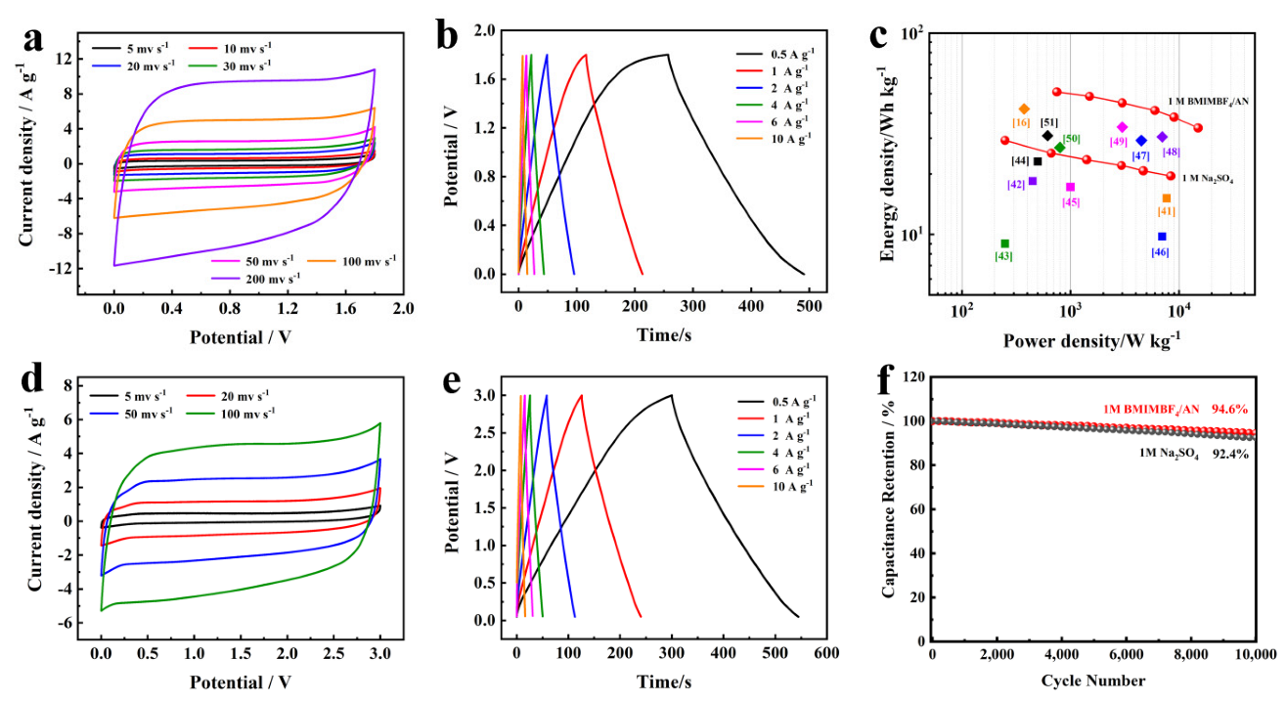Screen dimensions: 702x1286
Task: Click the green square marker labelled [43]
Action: pos(1004,243)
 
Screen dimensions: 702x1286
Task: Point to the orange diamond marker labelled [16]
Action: pos(1024,109)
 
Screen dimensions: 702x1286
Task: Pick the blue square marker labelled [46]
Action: pos(1162,237)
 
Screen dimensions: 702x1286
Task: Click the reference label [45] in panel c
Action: pos(1071,202)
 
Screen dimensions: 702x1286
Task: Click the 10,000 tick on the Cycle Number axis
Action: pos(1255,654)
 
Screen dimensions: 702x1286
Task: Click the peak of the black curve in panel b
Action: pos(667,55)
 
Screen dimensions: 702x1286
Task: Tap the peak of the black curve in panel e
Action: pos(671,395)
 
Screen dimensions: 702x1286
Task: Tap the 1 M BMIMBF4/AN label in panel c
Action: pos(1209,102)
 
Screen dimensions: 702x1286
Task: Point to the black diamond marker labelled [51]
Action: pos(1047,136)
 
